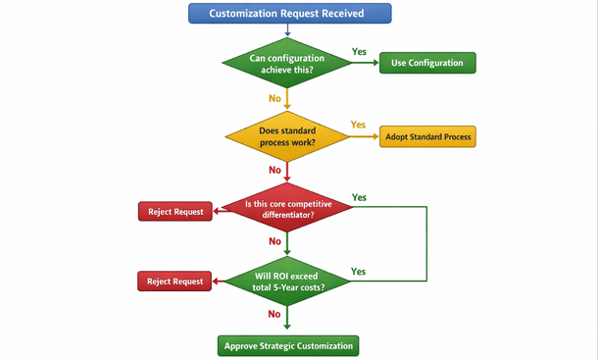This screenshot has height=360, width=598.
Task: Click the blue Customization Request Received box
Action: pyautogui.click(x=288, y=14)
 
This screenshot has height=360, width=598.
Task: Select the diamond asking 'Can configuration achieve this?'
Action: pyautogui.click(x=287, y=63)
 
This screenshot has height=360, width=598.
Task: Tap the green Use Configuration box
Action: pyautogui.click(x=426, y=63)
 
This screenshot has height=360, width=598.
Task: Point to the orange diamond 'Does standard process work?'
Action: pyautogui.click(x=287, y=136)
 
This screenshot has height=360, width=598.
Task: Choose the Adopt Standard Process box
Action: pyautogui.click(x=426, y=136)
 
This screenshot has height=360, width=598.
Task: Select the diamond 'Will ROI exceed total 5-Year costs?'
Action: pyautogui.click(x=287, y=281)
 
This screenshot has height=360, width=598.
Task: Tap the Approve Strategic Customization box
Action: pyautogui.click(x=287, y=345)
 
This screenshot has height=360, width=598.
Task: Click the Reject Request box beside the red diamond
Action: pyautogui.click(x=175, y=211)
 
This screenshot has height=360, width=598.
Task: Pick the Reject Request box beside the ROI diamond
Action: pyautogui.click(x=175, y=282)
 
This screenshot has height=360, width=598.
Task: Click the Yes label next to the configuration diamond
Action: pyautogui.click(x=360, y=51)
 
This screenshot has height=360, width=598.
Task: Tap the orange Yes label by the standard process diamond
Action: pyautogui.click(x=358, y=125)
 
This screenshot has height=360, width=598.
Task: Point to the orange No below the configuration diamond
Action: pyautogui.click(x=275, y=98)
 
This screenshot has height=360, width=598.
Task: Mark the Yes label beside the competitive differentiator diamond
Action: pyautogui.click(x=359, y=197)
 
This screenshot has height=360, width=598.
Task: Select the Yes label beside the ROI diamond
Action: pyautogui.click(x=358, y=271)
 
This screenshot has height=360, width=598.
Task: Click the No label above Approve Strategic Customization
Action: pyautogui.click(x=274, y=314)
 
